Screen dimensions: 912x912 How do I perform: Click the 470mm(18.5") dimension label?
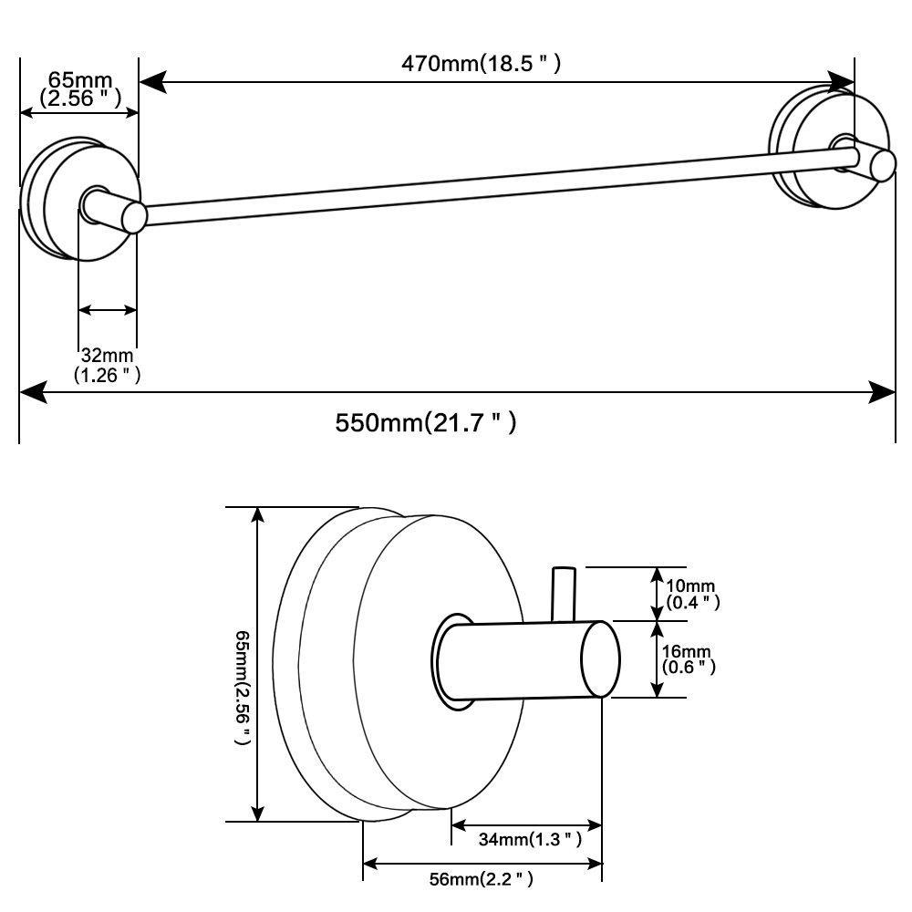click(x=480, y=64)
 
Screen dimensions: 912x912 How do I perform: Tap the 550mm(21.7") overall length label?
click(x=426, y=423)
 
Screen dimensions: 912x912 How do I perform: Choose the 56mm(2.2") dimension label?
click(x=481, y=880)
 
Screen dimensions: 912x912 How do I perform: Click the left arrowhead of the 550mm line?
click(x=31, y=393)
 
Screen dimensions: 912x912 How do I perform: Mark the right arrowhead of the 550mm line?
click(x=884, y=393)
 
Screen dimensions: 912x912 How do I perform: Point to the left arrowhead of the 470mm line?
click(x=150, y=83)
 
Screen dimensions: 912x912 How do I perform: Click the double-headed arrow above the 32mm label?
click(x=108, y=311)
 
